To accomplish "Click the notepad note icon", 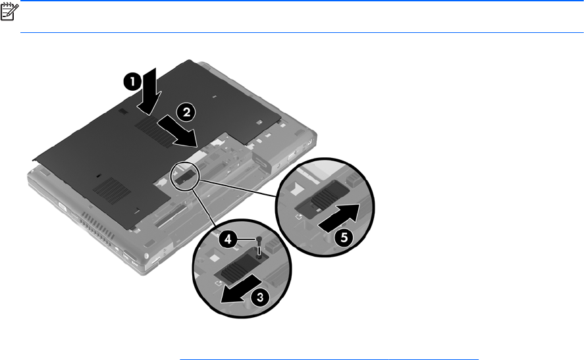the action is click(x=9, y=12).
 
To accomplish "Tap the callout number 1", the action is click(x=132, y=82).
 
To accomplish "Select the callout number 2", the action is click(x=186, y=112).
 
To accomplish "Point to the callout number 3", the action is click(x=260, y=297).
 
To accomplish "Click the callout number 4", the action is click(x=228, y=239).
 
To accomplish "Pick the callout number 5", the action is click(x=344, y=237).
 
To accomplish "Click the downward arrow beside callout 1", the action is click(x=149, y=91).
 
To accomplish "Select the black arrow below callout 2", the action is click(x=178, y=131).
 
